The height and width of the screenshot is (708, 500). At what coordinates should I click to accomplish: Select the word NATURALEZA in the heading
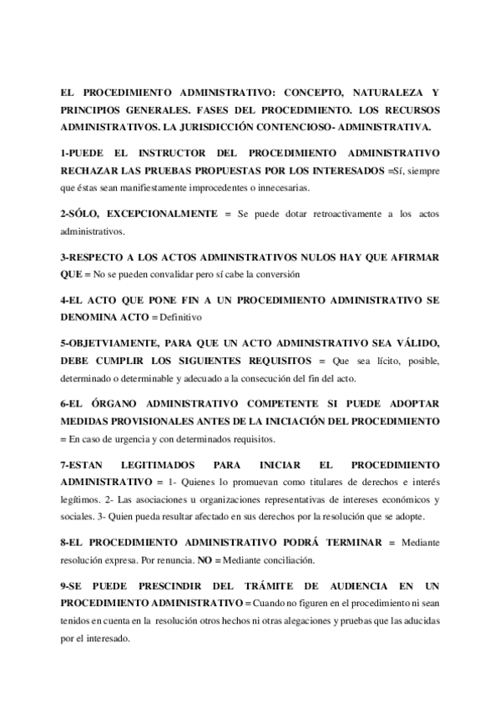coord(384,94)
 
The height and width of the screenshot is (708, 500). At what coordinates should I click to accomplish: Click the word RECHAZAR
coord(92,171)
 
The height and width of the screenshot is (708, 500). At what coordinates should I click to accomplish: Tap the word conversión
coord(275,275)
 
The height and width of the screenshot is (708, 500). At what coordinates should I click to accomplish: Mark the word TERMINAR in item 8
coord(346,543)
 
